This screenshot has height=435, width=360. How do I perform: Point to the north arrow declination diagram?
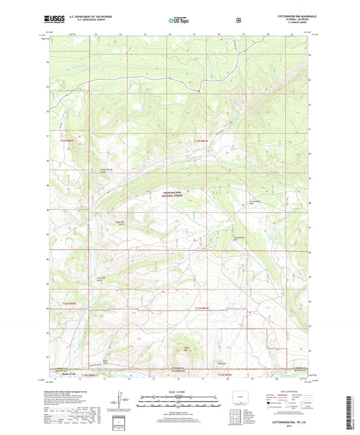122,400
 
